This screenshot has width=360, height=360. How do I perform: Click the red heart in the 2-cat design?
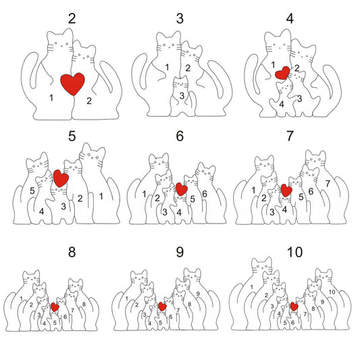(x=72, y=84)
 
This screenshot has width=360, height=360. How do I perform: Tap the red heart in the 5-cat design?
(x=61, y=178)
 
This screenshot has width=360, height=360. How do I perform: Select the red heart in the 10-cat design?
(x=294, y=306)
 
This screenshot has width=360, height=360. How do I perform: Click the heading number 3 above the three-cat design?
(x=180, y=18)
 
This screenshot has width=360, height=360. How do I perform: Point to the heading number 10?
(x=294, y=252)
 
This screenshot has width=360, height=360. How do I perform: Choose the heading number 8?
(x=72, y=252)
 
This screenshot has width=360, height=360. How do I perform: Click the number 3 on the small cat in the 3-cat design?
(x=182, y=95)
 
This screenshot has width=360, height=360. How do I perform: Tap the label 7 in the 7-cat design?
(x=328, y=184)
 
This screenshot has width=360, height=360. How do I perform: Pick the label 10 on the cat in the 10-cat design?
(x=332, y=292)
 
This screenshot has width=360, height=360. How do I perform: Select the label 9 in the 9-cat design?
(x=198, y=293)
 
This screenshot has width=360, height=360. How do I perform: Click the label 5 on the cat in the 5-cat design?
(x=32, y=190)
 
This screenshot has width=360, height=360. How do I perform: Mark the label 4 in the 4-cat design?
(x=282, y=104)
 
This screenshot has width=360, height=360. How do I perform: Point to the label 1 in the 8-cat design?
(x=21, y=299)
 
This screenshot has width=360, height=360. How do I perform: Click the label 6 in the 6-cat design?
(x=205, y=194)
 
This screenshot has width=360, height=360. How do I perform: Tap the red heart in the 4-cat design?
(x=282, y=73)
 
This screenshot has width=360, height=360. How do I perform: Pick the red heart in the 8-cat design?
(x=55, y=307)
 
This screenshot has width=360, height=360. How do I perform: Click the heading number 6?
(x=180, y=136)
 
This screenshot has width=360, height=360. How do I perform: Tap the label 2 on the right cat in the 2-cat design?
(x=89, y=101)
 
